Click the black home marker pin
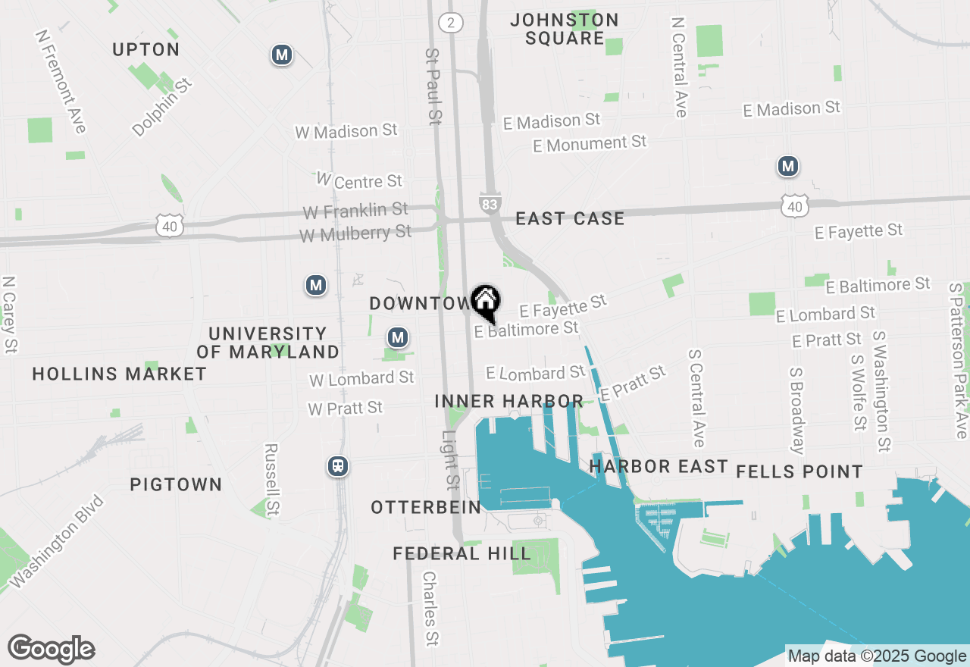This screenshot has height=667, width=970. pos(485,301)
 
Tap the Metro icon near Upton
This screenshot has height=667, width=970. pos(282,55)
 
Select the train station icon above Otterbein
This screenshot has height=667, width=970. pos(338,466)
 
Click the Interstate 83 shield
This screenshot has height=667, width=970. pos(490,203)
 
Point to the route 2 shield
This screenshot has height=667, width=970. pos(451,22)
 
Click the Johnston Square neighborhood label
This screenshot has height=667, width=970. pos(565,29)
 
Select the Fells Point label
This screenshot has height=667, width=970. pos(799,472)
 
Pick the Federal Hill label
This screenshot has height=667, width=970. pos(462,554)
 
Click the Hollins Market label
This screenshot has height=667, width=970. pos(120,374)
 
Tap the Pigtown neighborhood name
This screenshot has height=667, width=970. pos(176,485)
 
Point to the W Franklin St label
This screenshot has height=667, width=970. pos(355,210)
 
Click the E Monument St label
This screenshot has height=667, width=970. pos(590,143)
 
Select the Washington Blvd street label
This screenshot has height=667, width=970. pos(56,541)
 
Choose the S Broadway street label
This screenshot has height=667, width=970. pos(797,411)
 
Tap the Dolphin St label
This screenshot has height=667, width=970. pos(162,106)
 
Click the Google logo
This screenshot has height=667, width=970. pos(51,650)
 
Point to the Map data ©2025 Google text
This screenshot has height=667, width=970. pos(876,656)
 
